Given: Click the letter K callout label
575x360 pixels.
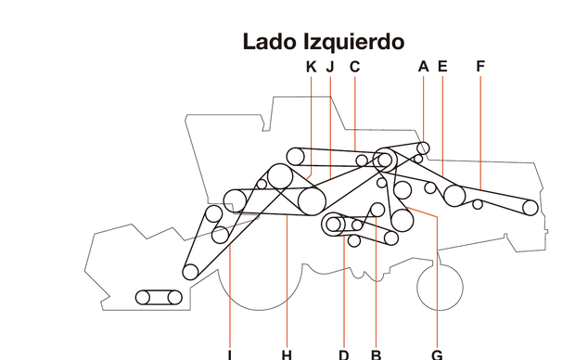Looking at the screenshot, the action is coord(311,66).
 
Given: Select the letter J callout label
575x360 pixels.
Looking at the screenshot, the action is coord(330,66).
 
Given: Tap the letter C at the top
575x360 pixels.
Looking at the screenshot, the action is coord(354,66).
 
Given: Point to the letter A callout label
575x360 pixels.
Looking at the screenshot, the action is coord(423,66).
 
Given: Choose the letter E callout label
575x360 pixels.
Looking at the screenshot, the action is coord(442,66).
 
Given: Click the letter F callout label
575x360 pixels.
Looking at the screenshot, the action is coord(480,66).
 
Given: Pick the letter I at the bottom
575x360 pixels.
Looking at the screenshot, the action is coord(229,354).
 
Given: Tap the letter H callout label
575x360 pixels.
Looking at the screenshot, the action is coord(287,354).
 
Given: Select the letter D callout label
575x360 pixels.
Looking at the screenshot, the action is coord(343,354).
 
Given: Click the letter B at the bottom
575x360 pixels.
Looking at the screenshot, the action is coord(376,354).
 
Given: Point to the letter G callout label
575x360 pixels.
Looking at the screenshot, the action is coord(437,354).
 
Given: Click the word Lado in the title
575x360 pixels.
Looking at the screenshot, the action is coord(271,42).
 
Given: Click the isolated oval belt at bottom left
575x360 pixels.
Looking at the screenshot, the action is coord(159,297).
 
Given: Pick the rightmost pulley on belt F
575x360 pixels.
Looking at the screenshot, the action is coord(530,207).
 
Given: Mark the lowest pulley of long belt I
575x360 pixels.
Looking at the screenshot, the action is coord(190,272).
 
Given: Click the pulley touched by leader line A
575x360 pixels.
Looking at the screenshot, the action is coord(423,148).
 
